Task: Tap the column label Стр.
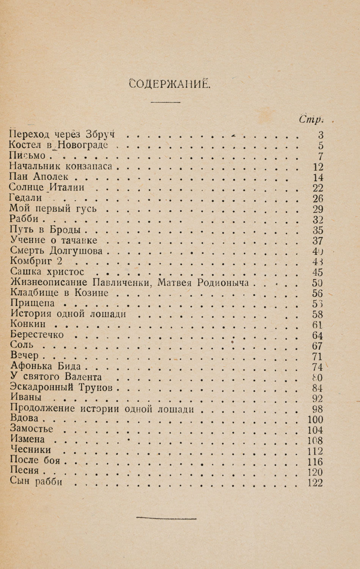click(x=310, y=119)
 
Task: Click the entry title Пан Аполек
click(x=39, y=176)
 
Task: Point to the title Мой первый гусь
click(x=53, y=208)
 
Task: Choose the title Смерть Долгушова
click(x=57, y=251)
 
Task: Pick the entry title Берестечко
click(x=37, y=335)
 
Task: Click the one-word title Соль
click(x=22, y=345)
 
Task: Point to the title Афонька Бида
click(x=46, y=366)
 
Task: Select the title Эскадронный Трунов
click(x=62, y=388)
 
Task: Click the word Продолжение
click(x=44, y=409)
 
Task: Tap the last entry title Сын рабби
click(x=36, y=483)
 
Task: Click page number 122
click(x=316, y=483)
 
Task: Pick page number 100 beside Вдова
click(x=316, y=420)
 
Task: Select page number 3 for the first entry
click(x=320, y=134)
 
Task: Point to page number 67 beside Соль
click(x=317, y=346)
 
